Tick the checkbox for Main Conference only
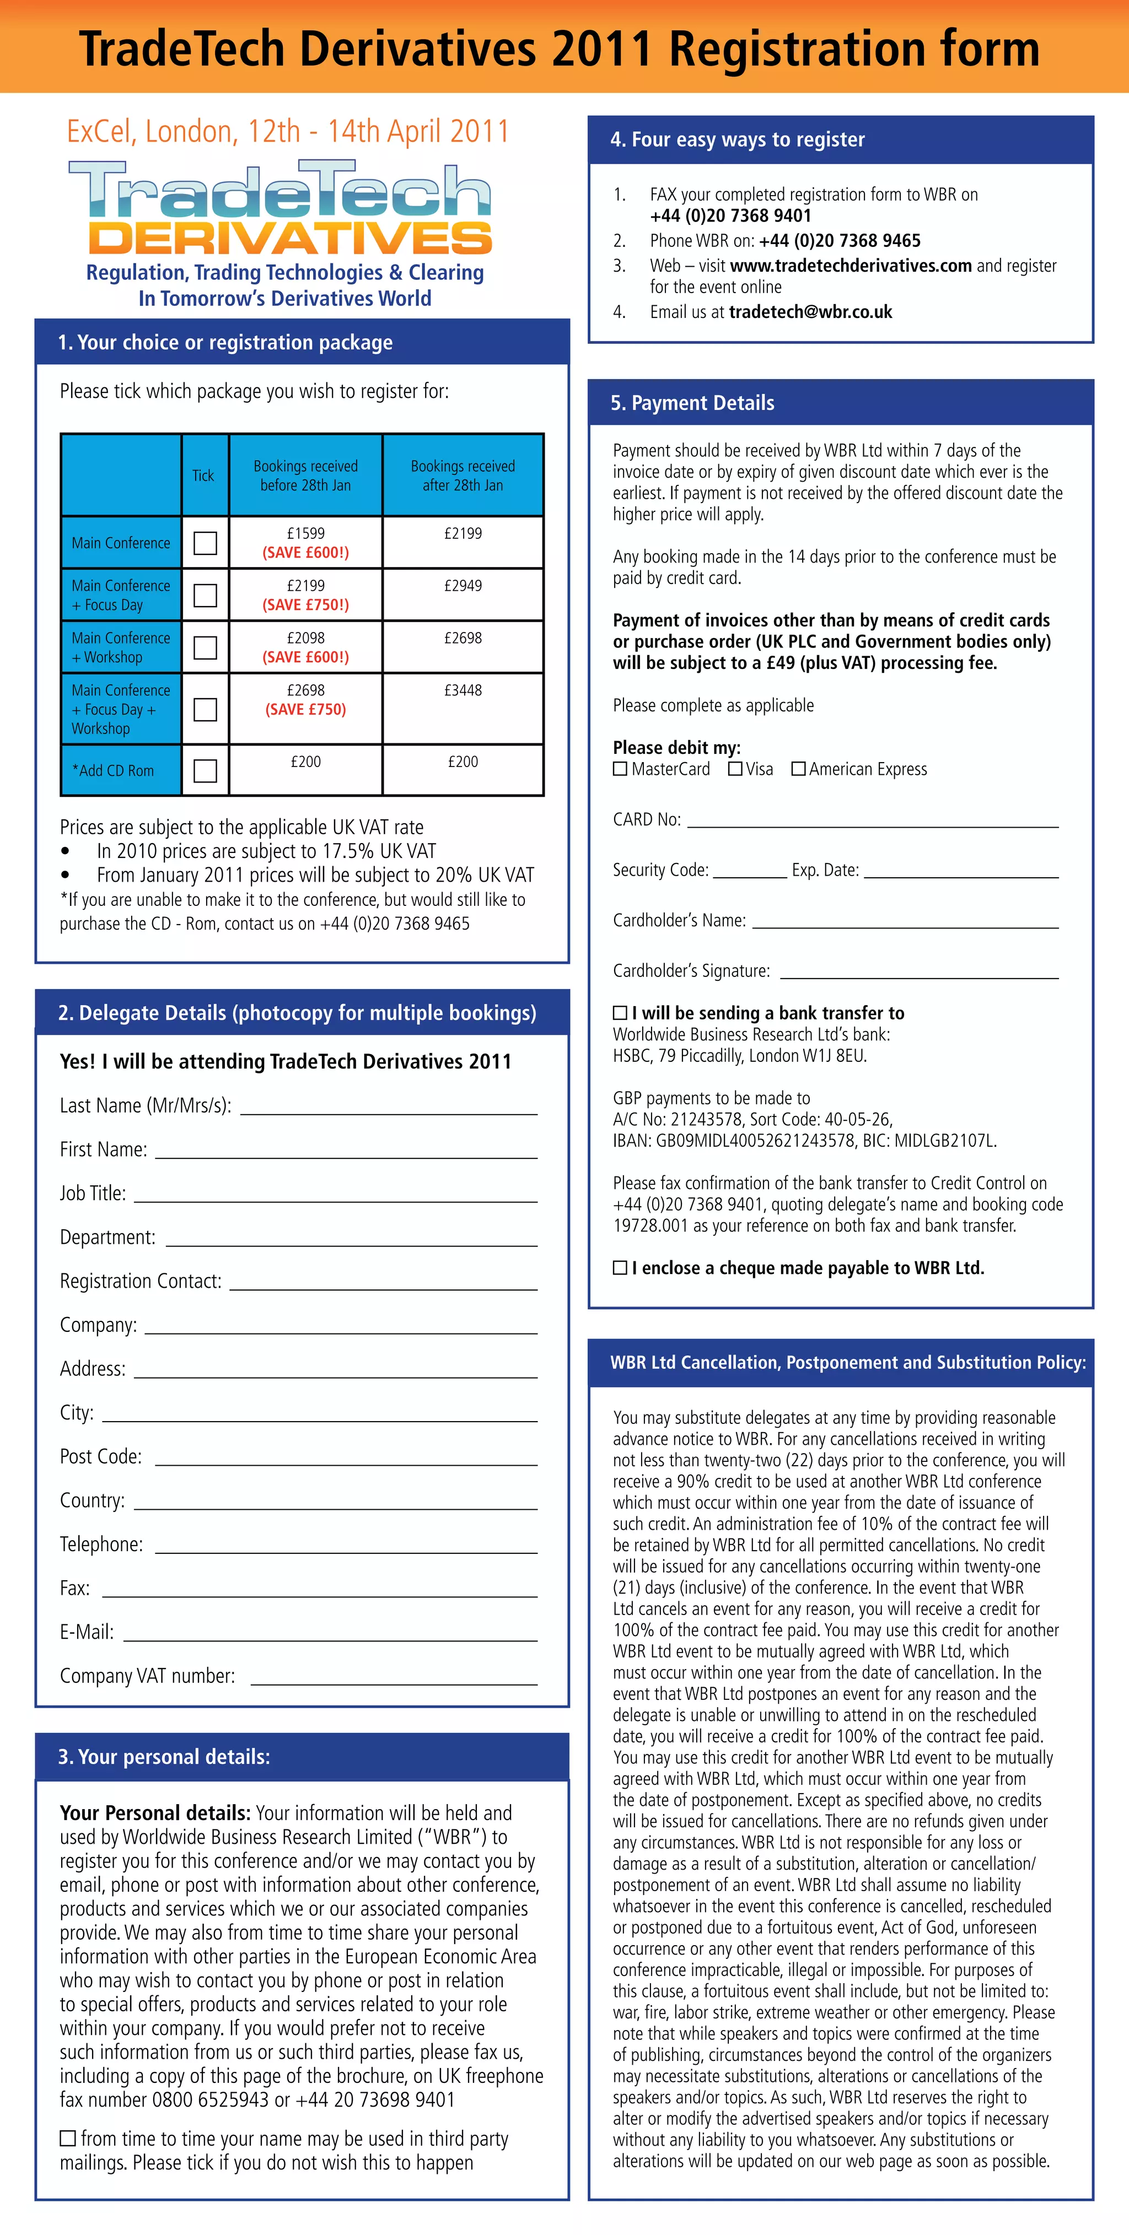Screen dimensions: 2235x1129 coord(205,543)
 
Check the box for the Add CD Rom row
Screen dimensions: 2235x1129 coord(205,770)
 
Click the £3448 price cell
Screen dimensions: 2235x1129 coord(463,690)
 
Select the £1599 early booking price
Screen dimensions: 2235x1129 coord(305,533)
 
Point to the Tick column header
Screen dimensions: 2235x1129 coord(203,476)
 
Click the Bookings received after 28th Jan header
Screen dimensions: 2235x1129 coord(463,476)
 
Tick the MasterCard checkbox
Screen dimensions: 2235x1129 coord(620,769)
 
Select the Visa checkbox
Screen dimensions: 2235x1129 coord(735,769)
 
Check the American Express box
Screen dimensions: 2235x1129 coord(798,769)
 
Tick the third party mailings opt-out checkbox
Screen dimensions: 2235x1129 coord(68,2139)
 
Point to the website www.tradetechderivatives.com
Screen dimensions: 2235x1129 coord(851,266)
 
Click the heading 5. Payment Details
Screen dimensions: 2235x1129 coord(692,403)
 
